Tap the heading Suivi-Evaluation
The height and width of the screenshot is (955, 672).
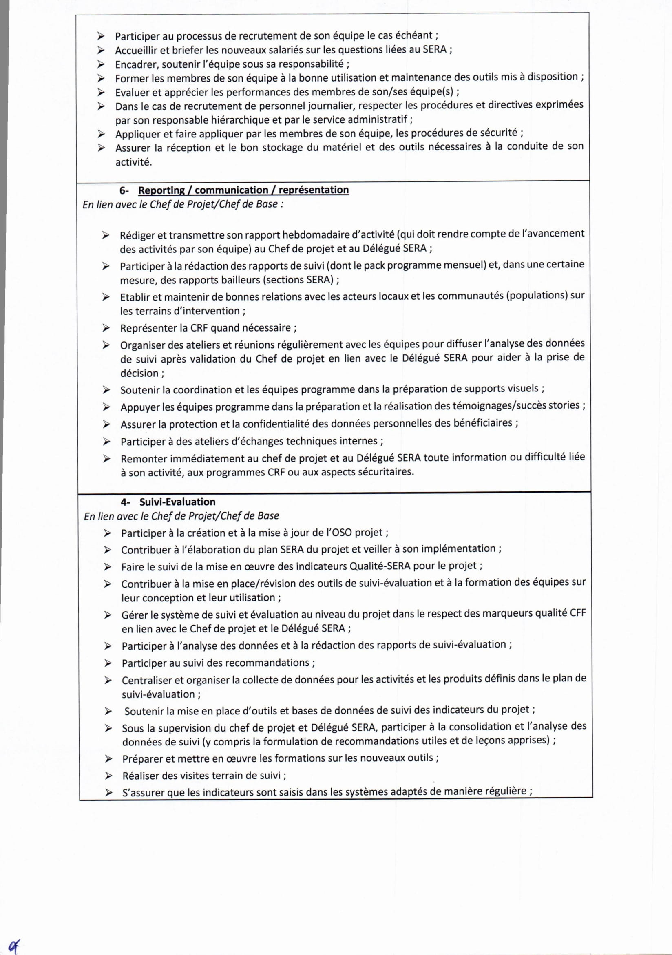(x=177, y=502)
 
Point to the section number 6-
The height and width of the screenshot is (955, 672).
(x=124, y=190)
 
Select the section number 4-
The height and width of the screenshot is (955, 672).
(x=125, y=502)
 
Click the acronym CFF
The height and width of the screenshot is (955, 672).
(x=578, y=613)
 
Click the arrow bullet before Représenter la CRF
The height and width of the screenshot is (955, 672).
(x=106, y=328)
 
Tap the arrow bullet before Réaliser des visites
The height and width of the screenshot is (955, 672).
(x=108, y=775)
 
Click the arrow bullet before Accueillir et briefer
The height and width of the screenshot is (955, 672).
(x=101, y=50)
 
